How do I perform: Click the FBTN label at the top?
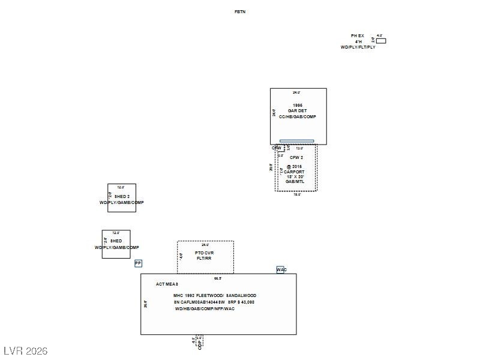point(240,12)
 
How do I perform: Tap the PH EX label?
point(358,36)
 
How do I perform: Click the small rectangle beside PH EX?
point(381,41)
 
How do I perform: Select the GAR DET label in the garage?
point(298,111)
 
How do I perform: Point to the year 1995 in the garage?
point(298,105)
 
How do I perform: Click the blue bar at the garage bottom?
point(296,141)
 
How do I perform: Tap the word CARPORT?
point(295,172)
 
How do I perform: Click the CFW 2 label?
point(296,158)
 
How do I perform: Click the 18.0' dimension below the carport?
point(297,194)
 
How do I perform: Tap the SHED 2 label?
point(122,197)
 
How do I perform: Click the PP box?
point(138,263)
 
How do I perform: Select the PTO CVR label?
point(205,253)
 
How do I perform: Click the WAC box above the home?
point(281,270)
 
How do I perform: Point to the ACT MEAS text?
point(167,284)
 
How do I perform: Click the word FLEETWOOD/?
point(208,296)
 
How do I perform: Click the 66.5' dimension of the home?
point(218,278)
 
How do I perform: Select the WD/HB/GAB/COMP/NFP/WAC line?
point(205,309)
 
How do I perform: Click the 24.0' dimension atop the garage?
point(296,92)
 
